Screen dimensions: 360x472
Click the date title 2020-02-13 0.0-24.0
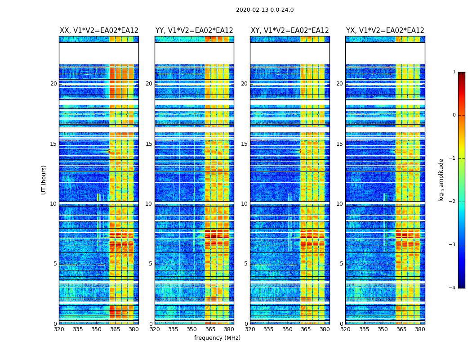pos(265,10)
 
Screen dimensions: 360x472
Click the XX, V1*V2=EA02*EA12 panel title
pos(99,31)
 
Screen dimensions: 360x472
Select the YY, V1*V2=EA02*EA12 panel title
pos(194,31)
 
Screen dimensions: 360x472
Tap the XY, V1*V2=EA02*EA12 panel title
pos(290,31)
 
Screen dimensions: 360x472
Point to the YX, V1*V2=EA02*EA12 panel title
pos(385,31)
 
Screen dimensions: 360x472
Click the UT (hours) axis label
pos(44,180)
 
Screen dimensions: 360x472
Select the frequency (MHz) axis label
pos(217,338)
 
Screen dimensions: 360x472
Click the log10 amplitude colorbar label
pos(441,180)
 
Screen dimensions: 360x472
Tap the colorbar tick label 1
pos(454,72)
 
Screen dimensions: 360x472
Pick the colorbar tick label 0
pos(454,115)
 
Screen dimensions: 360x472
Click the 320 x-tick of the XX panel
pos(59,329)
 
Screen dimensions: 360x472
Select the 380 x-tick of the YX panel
pos(420,329)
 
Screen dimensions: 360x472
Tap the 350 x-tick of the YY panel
pos(191,329)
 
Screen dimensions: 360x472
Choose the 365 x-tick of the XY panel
pos(306,329)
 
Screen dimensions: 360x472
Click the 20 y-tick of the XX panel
pos(53,84)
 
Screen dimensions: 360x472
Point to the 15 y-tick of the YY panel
pos(149,144)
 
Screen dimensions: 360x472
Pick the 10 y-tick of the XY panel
pos(244,204)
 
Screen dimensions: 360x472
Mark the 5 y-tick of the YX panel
pos(341,264)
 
